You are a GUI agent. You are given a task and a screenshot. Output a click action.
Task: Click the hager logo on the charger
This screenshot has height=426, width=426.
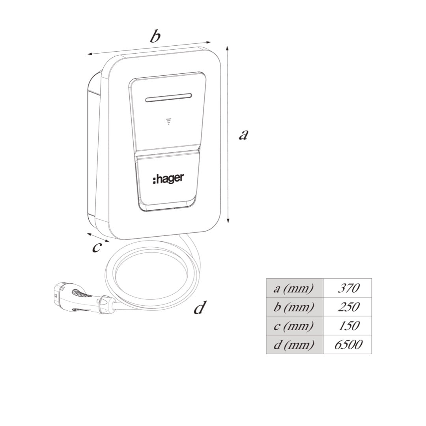168,179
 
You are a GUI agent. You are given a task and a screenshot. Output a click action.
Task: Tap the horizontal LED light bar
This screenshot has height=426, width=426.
169,98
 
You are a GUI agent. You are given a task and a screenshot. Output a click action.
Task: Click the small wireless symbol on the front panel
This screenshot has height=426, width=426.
169,121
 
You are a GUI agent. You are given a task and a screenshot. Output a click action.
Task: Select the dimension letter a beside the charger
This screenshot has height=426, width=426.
243,135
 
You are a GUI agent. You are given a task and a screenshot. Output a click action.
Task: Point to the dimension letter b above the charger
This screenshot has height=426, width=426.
155,36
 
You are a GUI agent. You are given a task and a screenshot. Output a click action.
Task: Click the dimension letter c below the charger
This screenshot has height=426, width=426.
97,247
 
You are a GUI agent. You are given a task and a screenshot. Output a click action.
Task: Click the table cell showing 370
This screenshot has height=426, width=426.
348,288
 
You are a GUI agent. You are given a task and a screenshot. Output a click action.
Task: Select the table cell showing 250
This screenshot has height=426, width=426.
348,307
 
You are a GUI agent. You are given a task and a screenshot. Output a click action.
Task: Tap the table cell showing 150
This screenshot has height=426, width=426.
348,325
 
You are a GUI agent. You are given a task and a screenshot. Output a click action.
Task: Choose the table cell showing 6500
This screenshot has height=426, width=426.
348,344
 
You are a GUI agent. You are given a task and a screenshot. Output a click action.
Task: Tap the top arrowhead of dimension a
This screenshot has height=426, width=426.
228,49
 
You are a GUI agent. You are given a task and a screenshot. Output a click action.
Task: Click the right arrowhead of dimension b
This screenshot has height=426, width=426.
208,42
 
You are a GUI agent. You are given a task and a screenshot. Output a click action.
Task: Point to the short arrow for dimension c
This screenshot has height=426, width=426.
98,237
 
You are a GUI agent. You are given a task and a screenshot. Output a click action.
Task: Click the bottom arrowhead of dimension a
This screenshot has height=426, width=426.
228,220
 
